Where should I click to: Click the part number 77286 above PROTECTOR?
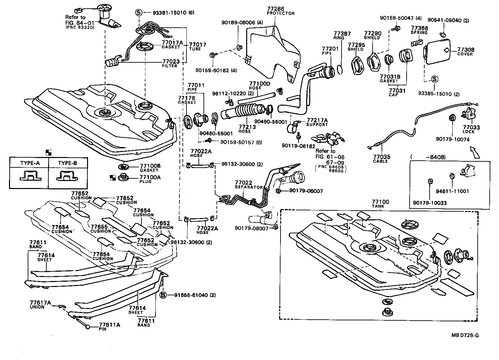tap(276, 9)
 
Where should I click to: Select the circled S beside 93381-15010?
tap(139, 13)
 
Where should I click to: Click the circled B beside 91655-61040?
tap(163, 295)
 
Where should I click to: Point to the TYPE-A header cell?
tap(30, 163)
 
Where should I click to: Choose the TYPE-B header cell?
tap(67, 163)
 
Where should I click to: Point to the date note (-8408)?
tap(428, 157)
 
